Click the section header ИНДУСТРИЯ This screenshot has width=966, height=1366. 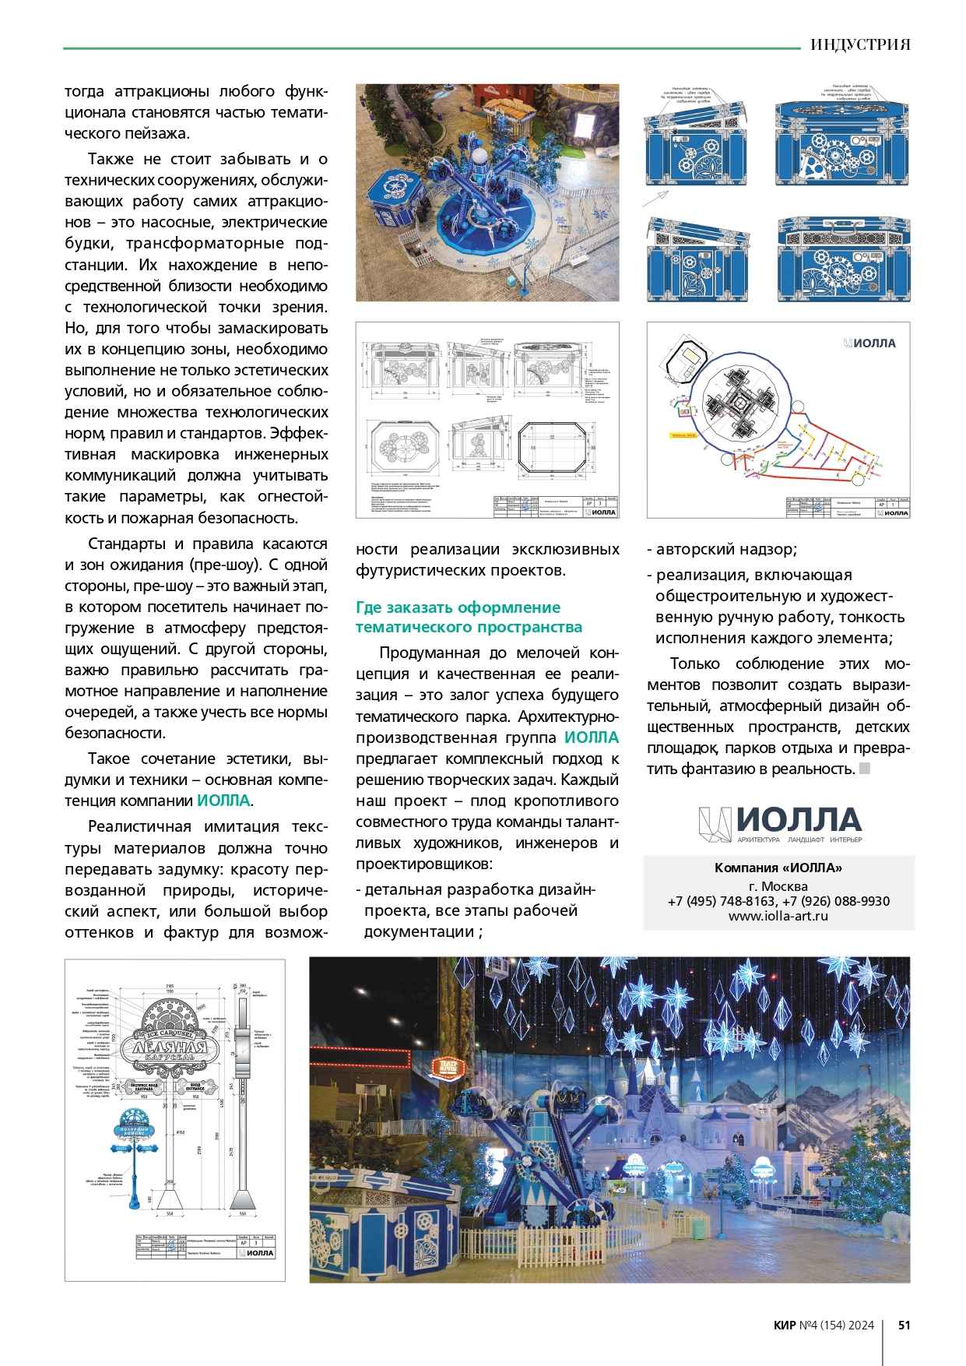859,44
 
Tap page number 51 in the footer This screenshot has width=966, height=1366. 904,1325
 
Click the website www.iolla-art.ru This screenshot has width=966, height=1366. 778,916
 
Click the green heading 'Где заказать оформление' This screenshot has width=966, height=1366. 458,607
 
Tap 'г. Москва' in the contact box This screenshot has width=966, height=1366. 778,885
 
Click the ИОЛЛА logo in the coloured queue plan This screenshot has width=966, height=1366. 869,343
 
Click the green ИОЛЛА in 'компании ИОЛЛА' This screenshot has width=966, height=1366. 224,801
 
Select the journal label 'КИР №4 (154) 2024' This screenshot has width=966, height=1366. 824,1325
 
